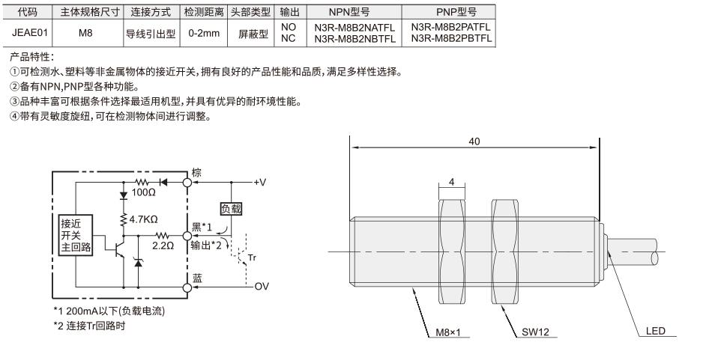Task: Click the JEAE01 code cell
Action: [29, 33]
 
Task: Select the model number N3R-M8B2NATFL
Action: [354, 28]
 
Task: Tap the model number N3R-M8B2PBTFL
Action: [451, 38]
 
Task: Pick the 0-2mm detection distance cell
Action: [204, 33]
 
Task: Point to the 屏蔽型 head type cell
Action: [253, 33]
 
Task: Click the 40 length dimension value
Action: [474, 141]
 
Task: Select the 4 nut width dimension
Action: [451, 182]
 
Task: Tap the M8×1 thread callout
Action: [448, 332]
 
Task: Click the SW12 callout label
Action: [535, 332]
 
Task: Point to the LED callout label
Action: [656, 332]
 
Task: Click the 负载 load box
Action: [231, 209]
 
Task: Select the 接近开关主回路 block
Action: [76, 235]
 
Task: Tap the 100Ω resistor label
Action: [143, 193]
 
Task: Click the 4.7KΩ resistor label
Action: [143, 219]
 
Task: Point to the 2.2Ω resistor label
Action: [163, 245]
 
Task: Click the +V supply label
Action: [260, 182]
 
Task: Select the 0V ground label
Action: [262, 286]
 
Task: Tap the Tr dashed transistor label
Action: [252, 257]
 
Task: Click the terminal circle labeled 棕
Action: [187, 182]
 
